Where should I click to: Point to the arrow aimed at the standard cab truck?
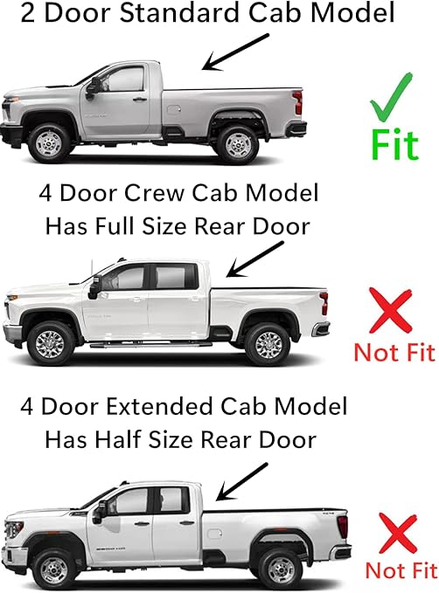coord(232,52)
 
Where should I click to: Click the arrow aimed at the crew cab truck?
coord(249,258)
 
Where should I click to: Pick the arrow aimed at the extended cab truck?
coord(241,479)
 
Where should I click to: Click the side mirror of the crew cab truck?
coord(94,285)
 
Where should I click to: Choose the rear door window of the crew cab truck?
coord(172,278)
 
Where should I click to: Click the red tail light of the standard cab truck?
coord(299,102)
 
